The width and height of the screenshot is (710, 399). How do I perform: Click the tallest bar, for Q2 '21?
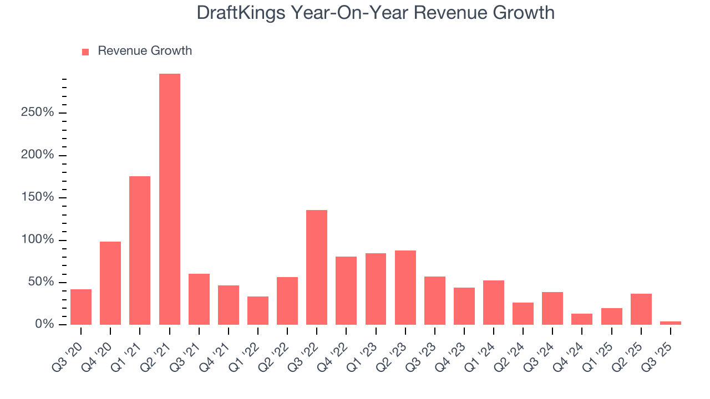click(169, 199)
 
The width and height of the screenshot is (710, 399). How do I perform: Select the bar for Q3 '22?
click(317, 267)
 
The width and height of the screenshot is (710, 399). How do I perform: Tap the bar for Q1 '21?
click(140, 250)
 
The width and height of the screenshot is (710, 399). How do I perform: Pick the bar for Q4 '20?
click(110, 283)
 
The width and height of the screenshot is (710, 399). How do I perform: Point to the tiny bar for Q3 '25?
click(671, 323)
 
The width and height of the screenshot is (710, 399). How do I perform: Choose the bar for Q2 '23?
click(405, 287)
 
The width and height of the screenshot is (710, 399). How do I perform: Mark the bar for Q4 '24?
click(582, 319)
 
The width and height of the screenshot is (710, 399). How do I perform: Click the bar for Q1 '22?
click(258, 310)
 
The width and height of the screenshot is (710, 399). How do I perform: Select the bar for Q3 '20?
click(81, 306)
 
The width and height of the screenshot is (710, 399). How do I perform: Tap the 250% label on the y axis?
click(38, 112)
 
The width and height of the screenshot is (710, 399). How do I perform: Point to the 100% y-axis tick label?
click(38, 239)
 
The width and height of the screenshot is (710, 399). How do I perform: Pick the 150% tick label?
click(38, 197)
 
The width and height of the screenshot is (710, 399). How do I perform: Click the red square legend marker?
click(85, 52)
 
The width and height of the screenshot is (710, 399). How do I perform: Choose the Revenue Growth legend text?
click(145, 51)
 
